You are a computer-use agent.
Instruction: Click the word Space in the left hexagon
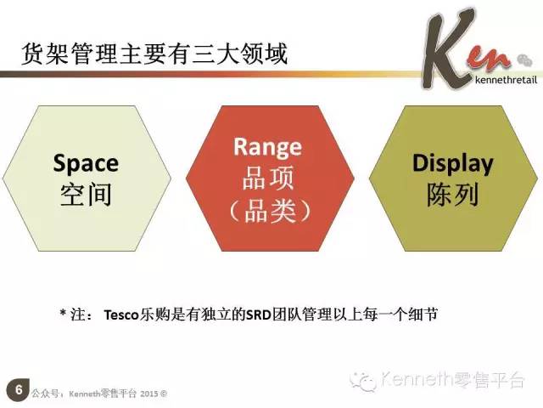click(86, 163)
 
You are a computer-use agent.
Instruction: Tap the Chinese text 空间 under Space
click(86, 195)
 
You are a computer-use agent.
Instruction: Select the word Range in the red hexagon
click(268, 147)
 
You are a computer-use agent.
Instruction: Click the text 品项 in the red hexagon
click(268, 178)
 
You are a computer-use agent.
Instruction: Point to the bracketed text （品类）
click(270, 210)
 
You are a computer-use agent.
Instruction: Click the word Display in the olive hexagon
click(452, 163)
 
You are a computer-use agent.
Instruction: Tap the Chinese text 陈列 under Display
click(452, 195)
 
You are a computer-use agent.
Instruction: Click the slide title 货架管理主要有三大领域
click(154, 54)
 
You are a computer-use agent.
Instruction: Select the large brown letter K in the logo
click(447, 48)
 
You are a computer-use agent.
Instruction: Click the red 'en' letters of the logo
click(489, 60)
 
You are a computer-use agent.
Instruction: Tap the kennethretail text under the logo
click(507, 80)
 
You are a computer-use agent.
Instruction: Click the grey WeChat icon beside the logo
click(524, 60)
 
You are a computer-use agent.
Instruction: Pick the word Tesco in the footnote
click(121, 315)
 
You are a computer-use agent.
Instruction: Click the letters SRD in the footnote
click(258, 314)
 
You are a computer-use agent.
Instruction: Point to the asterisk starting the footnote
click(63, 313)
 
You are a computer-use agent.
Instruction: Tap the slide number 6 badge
click(18, 390)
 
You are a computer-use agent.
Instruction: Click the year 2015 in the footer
click(149, 394)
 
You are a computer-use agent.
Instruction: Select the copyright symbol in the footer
click(164, 394)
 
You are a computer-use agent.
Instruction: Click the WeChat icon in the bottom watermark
click(363, 381)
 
